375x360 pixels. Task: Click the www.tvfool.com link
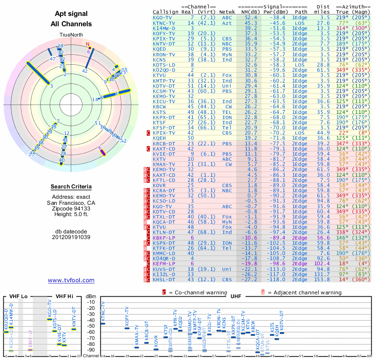(71, 280)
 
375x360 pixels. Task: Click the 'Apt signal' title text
(71, 14)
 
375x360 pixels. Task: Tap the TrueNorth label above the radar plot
(71, 35)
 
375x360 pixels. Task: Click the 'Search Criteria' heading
(71, 187)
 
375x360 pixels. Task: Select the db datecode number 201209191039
(71, 237)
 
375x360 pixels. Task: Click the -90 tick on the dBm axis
(90, 350)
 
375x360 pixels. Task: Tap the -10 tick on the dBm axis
(90, 302)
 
